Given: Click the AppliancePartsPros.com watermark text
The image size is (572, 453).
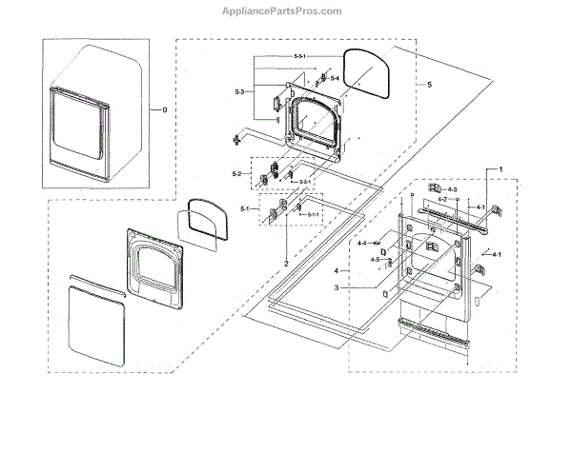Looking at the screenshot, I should tap(286, 12).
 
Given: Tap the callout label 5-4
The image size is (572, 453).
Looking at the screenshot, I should tap(335, 76).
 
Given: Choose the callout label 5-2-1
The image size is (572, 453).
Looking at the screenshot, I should tap(305, 180).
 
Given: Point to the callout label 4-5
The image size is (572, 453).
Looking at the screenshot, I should tap(375, 260).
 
